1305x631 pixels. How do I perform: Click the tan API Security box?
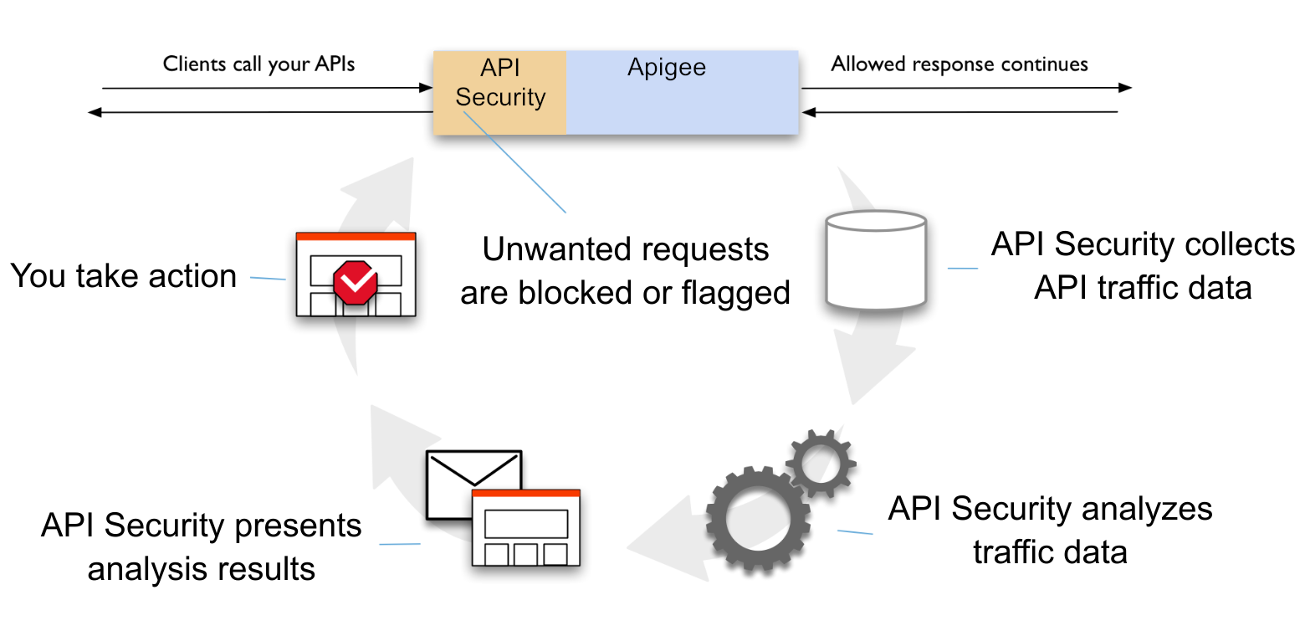[499, 92]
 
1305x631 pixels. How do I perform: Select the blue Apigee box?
[682, 92]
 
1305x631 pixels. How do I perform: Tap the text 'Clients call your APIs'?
[258, 64]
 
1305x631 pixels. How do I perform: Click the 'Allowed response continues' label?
[959, 64]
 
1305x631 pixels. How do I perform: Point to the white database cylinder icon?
[875, 260]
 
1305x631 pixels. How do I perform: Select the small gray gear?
[821, 461]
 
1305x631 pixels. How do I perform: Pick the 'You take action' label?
[123, 276]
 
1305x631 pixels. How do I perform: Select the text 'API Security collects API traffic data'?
[1142, 266]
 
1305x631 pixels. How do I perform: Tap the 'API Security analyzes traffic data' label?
[1050, 530]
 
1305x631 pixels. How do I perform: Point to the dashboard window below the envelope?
[525, 528]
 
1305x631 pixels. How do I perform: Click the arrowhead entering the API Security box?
[426, 87]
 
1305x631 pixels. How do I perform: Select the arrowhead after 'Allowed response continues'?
[1125, 87]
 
